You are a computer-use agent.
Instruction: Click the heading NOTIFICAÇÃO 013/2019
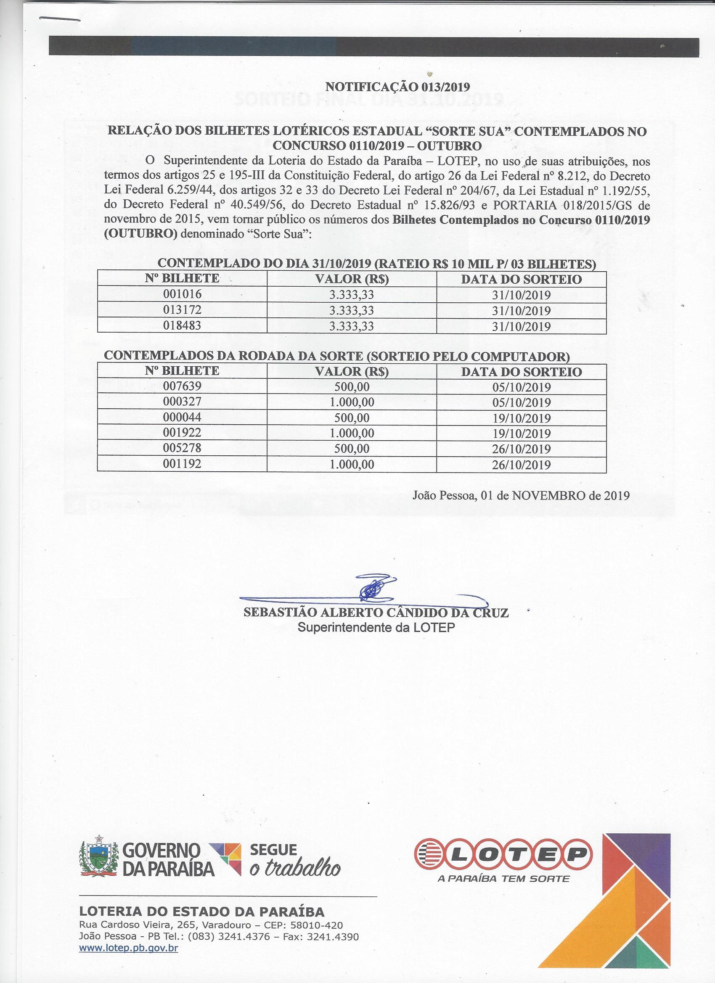397,87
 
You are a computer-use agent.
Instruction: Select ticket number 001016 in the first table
182,294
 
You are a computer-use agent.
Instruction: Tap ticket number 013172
182,310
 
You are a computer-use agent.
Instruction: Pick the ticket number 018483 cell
182,325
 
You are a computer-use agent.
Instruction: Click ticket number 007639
182,386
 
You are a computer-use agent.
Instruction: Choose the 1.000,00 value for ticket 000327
352,402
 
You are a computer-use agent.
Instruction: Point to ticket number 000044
182,418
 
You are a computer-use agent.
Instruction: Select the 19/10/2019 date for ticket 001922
521,433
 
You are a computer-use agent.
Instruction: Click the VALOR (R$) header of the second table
352,371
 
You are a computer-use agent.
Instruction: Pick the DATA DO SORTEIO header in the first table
521,279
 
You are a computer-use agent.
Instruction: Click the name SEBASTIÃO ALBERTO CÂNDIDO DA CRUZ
376,613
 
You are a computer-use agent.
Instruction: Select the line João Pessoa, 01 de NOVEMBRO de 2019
521,495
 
